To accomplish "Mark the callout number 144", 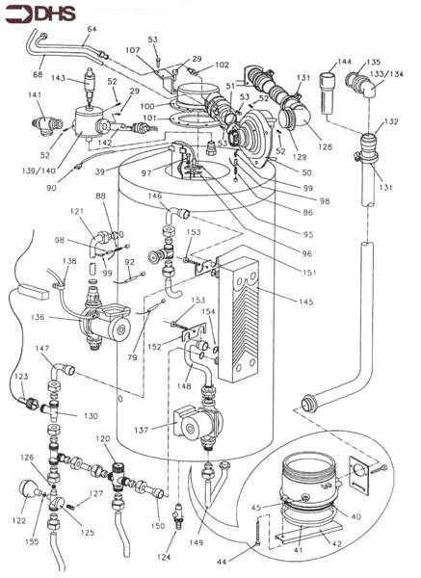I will (345, 60).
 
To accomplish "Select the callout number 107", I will (133, 49).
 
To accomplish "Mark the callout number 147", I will (44, 348).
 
